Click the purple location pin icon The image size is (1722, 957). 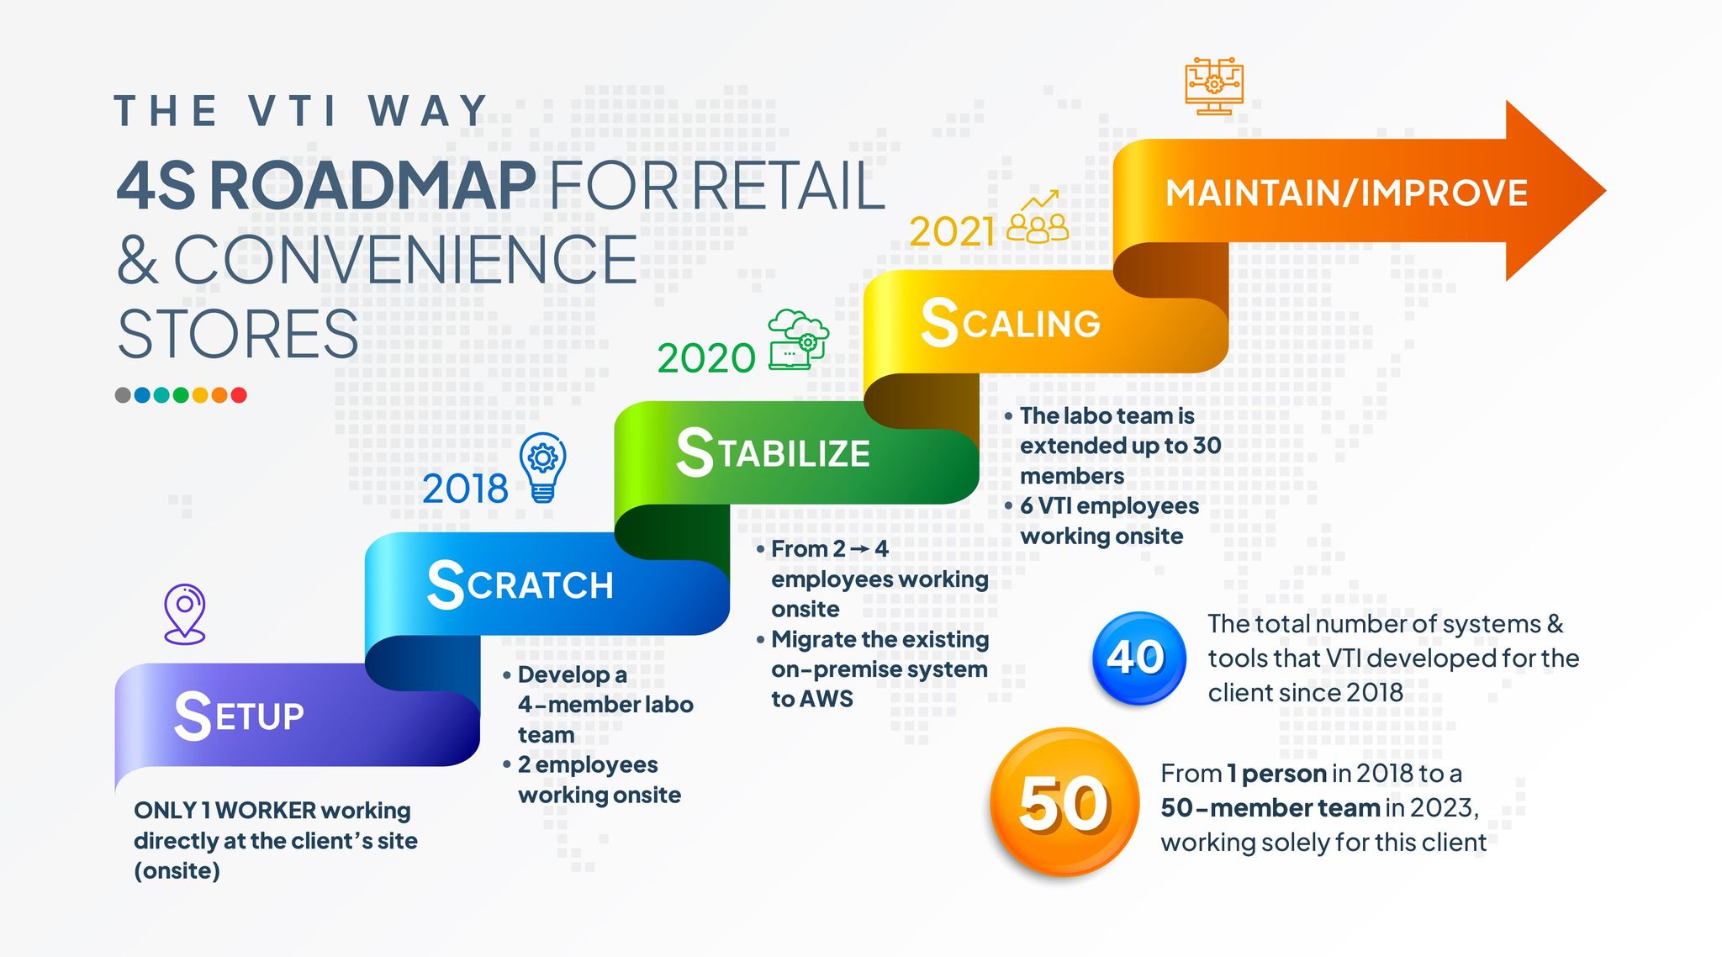coord(185,615)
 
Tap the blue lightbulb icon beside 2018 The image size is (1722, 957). coord(543,468)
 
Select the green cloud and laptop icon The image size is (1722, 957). coord(798,340)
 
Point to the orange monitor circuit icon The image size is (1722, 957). coord(1214,87)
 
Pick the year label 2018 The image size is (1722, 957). coord(465,489)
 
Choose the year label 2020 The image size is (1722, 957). coord(706,358)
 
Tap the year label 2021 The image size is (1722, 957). coord(952,231)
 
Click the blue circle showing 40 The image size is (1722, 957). coord(1138,658)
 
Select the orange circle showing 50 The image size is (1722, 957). coord(1064,802)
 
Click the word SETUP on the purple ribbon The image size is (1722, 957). coord(239,716)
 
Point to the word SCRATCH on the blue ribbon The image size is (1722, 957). coord(520,584)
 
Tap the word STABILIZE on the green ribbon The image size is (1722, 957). coord(774,452)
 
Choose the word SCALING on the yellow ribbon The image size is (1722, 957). coord(1011,322)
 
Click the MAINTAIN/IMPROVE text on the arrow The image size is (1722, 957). coord(1347,193)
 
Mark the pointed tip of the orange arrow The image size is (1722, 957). coord(1606,191)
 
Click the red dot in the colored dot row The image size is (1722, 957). coord(239,395)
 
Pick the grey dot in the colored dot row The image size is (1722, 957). coord(123,395)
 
